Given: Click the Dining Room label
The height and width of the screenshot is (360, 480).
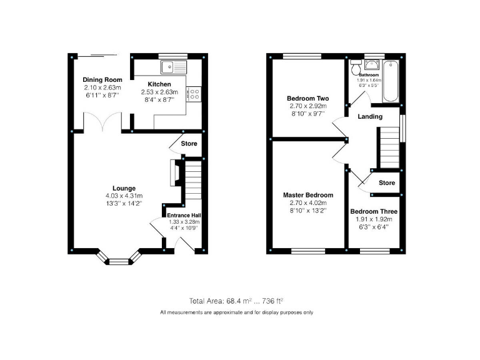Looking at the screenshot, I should click(x=102, y=80).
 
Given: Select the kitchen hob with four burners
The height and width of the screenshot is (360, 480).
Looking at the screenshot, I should click(x=194, y=94).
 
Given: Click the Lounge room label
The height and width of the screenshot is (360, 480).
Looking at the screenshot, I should click(x=124, y=188).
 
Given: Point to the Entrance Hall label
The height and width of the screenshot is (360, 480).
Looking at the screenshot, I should click(x=182, y=214).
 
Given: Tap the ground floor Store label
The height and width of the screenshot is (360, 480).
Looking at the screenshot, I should click(x=189, y=144).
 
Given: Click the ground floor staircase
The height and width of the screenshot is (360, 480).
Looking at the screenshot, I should click(x=192, y=182).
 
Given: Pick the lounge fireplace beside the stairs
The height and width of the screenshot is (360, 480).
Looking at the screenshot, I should click(x=174, y=174).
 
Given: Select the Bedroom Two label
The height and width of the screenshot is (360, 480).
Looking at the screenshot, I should click(x=307, y=99).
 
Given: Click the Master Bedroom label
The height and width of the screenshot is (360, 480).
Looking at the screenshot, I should click(x=307, y=195).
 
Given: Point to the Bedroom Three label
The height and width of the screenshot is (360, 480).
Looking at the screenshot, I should click(x=373, y=211).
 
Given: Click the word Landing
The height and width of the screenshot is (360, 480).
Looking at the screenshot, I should click(x=370, y=117).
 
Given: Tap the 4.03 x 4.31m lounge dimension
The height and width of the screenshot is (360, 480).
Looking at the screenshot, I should click(x=124, y=196).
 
